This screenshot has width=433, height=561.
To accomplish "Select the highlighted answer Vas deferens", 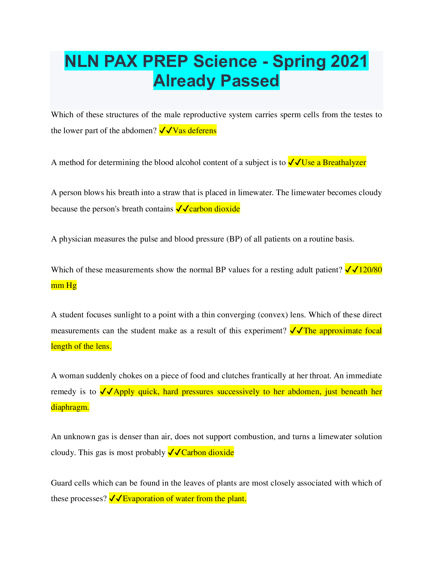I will tap(195, 131).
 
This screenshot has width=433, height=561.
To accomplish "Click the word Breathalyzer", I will tap(344, 163).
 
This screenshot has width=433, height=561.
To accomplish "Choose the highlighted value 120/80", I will tap(370, 270).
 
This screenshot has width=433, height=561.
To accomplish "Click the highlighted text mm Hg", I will tap(64, 285).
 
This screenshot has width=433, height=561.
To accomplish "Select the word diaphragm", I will tap(70, 407).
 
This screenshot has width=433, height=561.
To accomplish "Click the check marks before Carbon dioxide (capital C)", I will tap(174, 453).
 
